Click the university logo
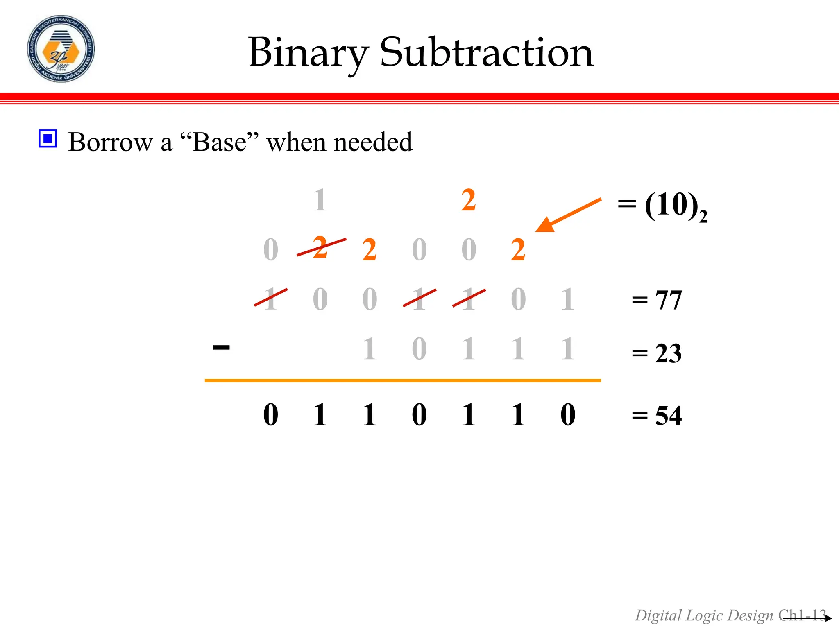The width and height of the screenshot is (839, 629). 61,49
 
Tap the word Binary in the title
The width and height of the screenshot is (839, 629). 308,53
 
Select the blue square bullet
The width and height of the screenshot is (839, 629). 48,138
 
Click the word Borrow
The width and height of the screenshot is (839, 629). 110,142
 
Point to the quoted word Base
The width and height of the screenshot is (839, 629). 220,142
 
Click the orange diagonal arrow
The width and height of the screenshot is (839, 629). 568,215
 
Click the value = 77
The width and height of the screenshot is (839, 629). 657,300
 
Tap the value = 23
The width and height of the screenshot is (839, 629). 657,353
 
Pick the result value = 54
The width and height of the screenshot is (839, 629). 657,416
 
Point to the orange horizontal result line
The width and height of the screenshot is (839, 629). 403,380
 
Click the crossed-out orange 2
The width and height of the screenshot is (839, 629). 320,247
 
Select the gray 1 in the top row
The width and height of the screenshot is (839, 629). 320,200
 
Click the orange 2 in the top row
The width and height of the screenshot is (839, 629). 468,200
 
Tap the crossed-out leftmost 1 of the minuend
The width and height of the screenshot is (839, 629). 270,299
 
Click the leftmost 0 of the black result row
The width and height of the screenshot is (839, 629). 271,415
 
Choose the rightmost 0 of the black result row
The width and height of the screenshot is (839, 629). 568,415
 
